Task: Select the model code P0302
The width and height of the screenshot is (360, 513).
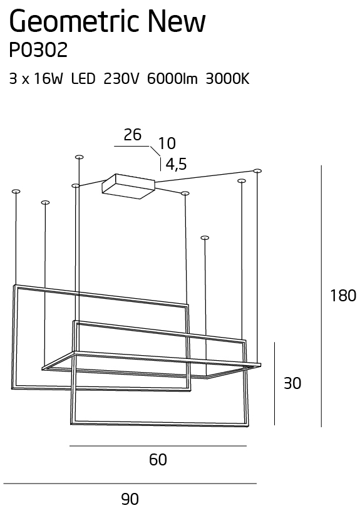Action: coord(38,50)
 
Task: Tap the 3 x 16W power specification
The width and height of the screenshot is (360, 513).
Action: coord(36,79)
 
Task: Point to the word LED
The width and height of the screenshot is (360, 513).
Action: coord(83,79)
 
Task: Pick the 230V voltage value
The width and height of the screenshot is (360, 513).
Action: coord(121,79)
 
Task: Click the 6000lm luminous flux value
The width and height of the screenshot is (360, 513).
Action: coord(172,79)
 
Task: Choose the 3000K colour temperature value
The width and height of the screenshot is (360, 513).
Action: coord(227,79)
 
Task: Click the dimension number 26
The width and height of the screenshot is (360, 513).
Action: coord(133,135)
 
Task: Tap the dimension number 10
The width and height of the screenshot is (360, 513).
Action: coord(167,143)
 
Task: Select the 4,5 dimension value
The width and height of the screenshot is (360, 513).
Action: coord(176,164)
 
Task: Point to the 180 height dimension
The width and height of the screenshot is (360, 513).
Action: coord(343,296)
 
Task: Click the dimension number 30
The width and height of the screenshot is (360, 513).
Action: coord(292,383)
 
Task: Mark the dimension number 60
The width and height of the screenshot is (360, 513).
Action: coord(158,460)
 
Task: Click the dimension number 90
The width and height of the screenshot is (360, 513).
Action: coord(130,499)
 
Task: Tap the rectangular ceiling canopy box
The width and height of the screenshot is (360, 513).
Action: coord(128,186)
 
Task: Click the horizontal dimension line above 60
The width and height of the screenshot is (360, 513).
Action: coord(158,446)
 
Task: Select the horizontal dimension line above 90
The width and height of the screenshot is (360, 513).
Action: coord(130,484)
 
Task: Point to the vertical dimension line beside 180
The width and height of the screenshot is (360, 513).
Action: coord(321,296)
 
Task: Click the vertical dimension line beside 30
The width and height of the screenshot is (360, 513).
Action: coord(275,384)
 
